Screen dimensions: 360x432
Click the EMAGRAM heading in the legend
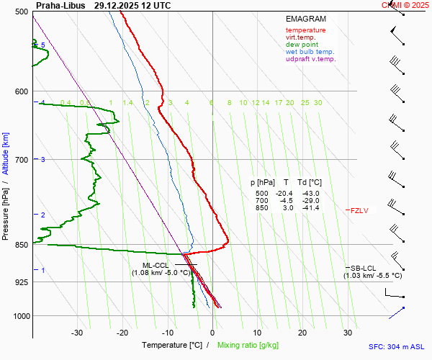[x=305, y=19]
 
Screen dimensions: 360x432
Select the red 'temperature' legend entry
[x=305, y=30]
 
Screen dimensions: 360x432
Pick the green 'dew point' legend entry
[x=302, y=45]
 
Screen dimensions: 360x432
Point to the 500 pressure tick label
[x=22, y=12]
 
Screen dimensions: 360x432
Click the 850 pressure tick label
[x=22, y=245]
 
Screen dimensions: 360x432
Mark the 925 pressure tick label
[x=22, y=282]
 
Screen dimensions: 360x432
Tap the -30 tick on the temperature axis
[x=77, y=333]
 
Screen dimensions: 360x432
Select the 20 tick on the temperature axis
[x=302, y=333]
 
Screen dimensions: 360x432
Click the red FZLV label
[x=360, y=210]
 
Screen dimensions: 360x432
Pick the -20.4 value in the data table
[x=286, y=194]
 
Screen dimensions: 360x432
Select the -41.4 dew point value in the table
[x=311, y=208]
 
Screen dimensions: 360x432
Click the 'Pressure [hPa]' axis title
[x=6, y=208]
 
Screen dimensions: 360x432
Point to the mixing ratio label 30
[x=318, y=103]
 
